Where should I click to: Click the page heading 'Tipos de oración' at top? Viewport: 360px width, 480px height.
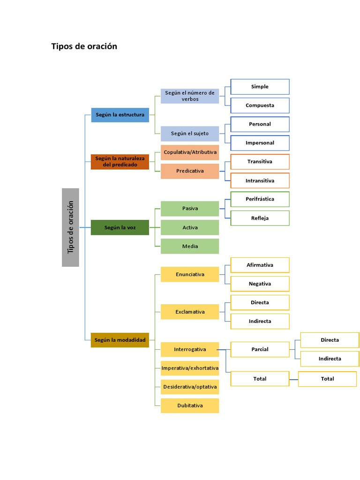tap(84, 46)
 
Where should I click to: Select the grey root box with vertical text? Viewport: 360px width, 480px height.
tap(70, 227)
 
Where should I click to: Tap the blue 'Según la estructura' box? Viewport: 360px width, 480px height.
tap(120, 115)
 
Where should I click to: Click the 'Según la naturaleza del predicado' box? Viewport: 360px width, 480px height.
tap(120, 162)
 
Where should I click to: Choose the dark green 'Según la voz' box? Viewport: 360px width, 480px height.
tap(120, 227)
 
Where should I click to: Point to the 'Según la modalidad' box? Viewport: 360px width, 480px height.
tap(120, 340)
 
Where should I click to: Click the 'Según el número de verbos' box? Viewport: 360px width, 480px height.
tap(190, 96)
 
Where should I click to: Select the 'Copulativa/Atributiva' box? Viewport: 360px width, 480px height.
tap(190, 152)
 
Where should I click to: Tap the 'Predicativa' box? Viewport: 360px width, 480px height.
tap(190, 171)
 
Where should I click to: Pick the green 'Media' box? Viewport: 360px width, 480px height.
tap(190, 246)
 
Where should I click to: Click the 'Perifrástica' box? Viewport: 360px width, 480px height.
tap(260, 199)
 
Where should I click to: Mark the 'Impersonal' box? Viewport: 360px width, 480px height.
tap(260, 143)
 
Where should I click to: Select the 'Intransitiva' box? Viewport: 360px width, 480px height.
tap(260, 180)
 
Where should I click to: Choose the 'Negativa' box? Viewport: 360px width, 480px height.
tap(260, 284)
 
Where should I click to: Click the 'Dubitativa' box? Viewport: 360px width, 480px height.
tap(190, 405)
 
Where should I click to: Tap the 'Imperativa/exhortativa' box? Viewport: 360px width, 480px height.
tap(190, 368)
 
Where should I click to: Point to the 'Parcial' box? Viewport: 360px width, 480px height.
tap(260, 349)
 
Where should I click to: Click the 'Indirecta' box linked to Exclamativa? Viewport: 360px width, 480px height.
tap(260, 321)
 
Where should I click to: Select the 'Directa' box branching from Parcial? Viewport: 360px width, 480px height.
tap(330, 340)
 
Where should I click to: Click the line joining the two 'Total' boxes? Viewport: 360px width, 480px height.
tap(293, 379)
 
